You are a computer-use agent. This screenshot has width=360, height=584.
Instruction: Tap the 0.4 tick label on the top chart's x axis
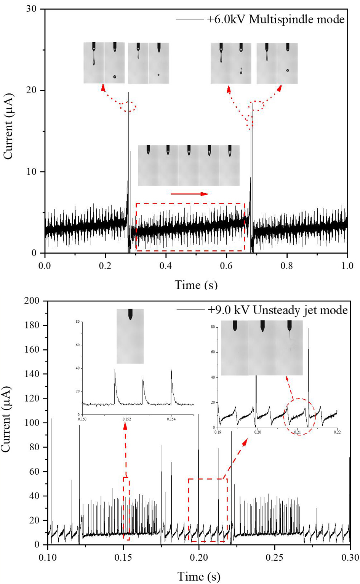click(166, 266)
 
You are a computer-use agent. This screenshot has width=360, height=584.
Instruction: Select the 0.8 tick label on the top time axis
click(287, 266)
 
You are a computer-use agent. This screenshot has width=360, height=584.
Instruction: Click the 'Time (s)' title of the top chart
click(196, 285)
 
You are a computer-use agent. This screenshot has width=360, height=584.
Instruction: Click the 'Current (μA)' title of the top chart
click(8, 126)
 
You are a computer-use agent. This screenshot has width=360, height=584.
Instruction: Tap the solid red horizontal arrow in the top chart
click(189, 194)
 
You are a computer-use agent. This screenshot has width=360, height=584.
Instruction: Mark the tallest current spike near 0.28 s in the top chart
click(128, 93)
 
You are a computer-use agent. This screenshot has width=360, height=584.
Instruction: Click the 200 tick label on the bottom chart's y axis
click(32, 301)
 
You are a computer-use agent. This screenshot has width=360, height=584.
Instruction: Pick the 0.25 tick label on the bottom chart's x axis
click(274, 557)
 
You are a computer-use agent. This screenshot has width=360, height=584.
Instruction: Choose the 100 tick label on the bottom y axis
click(32, 422)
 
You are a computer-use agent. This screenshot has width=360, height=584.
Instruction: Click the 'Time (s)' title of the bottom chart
click(199, 576)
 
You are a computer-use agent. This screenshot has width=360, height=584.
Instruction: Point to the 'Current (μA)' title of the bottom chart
click(6, 419)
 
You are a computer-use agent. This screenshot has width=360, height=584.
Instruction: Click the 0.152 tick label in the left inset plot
click(126, 419)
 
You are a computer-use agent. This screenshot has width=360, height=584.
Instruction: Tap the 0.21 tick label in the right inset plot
click(298, 432)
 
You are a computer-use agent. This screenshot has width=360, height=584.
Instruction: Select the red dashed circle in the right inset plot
click(300, 416)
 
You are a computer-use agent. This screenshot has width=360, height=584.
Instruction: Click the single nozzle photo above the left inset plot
click(130, 336)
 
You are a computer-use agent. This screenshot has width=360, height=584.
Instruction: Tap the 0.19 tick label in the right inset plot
click(218, 432)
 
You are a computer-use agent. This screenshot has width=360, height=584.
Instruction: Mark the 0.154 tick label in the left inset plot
click(171, 419)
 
